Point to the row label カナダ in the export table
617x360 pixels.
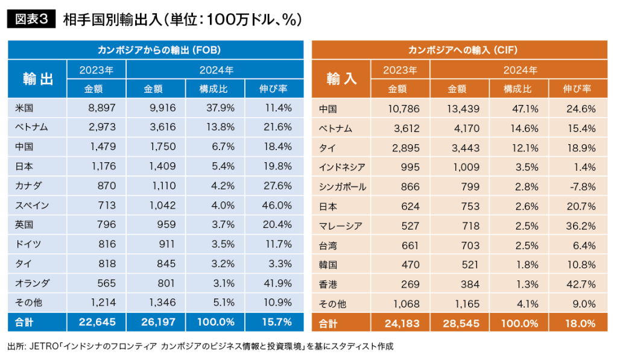[29, 186]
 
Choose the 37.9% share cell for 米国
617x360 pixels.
[215, 108]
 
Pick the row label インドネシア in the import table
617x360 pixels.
[341, 168]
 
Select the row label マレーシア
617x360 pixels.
[340, 226]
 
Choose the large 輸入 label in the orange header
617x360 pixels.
[341, 79]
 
